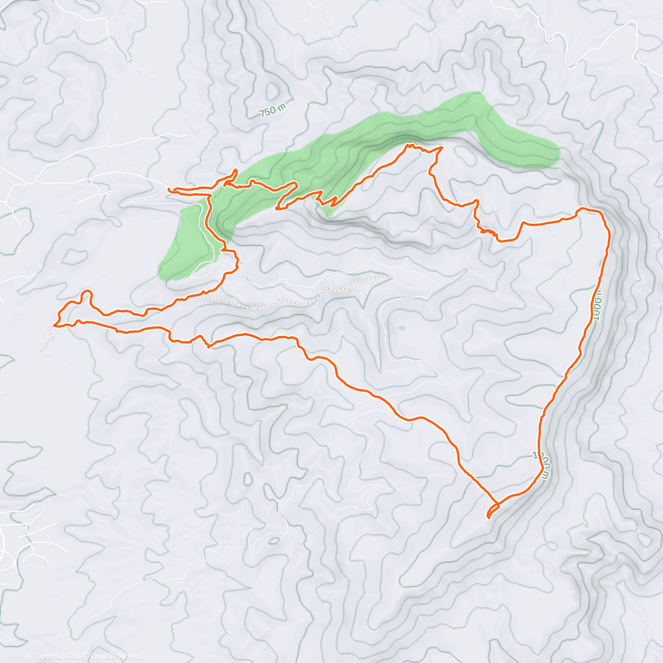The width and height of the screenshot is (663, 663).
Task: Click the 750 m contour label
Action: pos(272,110)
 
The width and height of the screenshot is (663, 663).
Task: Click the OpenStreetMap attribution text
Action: pos(116,656)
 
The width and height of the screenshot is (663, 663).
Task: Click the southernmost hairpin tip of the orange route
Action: pos(488,517)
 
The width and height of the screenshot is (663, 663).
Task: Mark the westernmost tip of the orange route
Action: pos(55,325)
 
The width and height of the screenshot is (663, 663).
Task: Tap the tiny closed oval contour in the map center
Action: pos(401,328)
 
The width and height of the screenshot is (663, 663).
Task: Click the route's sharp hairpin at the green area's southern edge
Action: pos(279,208)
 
